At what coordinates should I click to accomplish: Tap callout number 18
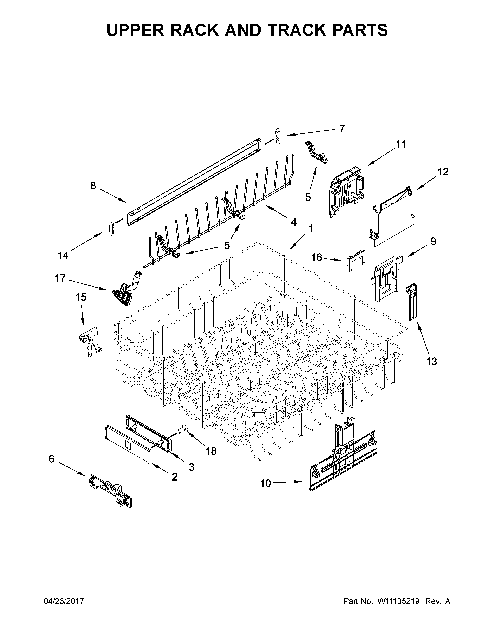(211, 451)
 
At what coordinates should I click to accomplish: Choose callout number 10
(265, 484)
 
